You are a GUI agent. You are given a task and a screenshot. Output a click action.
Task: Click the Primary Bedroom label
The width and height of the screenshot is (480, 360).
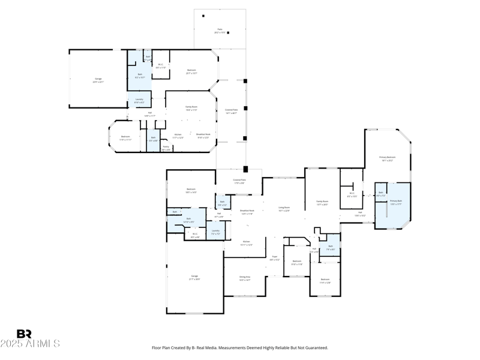[x=387, y=158]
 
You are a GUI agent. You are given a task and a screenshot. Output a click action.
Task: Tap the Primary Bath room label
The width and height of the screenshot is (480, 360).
[x=396, y=202]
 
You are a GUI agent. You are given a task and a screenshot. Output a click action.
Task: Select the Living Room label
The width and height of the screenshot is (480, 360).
[x=284, y=209]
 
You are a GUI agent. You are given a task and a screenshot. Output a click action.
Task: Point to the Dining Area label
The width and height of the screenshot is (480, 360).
[x=245, y=278]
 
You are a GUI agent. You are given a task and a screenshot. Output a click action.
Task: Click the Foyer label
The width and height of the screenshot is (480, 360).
[x=274, y=257]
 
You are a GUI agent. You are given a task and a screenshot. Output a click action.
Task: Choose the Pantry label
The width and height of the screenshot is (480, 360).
[x=166, y=148]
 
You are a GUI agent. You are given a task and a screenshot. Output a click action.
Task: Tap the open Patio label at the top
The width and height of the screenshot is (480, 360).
[x=220, y=31]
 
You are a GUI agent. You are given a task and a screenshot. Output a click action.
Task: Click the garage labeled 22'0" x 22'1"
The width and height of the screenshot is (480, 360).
[x=98, y=80]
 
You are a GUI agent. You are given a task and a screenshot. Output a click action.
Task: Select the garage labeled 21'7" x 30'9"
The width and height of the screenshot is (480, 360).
[x=194, y=277]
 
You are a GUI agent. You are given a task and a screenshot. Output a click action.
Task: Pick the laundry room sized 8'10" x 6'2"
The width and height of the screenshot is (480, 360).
[x=139, y=101]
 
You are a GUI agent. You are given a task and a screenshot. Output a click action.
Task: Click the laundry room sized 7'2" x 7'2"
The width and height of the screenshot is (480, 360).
[x=215, y=232]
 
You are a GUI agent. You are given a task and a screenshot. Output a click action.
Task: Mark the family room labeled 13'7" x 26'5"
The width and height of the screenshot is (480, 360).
[x=322, y=203]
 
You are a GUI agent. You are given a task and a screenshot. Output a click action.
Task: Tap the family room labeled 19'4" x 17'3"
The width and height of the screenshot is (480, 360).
[x=191, y=108]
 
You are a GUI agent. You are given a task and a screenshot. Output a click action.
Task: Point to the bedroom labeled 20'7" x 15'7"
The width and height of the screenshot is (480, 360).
[x=191, y=71]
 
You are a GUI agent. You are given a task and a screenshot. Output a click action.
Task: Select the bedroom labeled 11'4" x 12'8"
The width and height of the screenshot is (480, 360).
[x=325, y=280]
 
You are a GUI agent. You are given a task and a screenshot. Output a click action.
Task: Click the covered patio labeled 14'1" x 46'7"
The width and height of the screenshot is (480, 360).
[x=232, y=112]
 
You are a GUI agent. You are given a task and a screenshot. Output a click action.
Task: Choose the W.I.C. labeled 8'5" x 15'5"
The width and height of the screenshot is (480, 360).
[x=352, y=194]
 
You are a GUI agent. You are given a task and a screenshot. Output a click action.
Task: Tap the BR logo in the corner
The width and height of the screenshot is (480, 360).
[x=24, y=334]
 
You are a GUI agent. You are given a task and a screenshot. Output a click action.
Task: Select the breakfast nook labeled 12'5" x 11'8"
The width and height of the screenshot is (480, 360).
[x=247, y=212]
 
